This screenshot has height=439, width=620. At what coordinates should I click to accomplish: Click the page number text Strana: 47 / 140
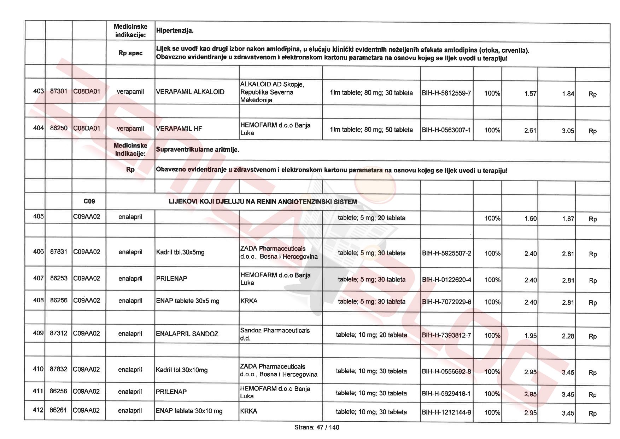316,427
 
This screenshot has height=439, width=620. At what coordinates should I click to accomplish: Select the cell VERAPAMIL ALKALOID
190,92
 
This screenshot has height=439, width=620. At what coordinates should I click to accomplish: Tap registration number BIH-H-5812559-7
446,93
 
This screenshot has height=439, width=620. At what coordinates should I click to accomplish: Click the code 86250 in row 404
59,128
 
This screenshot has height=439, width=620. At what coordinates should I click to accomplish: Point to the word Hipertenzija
175,31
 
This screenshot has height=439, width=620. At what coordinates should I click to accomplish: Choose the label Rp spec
130,53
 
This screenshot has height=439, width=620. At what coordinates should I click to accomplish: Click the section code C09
89,201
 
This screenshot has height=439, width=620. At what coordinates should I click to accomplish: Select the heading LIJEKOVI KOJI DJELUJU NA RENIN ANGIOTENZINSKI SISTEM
263,202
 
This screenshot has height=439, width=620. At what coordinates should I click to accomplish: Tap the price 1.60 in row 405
530,219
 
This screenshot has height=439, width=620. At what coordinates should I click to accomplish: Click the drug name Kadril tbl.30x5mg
180,252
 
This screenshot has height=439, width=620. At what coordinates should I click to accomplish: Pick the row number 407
38,278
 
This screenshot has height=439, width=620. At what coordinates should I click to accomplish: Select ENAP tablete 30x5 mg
188,301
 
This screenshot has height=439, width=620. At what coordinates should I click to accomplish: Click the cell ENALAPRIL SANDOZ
187,334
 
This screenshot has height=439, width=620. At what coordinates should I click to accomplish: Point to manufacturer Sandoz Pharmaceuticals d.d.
275,334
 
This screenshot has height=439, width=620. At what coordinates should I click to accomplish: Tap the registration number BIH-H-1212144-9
446,412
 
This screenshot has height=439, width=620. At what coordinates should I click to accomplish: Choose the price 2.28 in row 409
568,336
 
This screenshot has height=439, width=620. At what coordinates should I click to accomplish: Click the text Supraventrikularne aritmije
198,150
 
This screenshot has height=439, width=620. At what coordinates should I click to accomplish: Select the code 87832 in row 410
58,369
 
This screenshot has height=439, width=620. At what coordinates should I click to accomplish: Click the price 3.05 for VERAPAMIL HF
568,131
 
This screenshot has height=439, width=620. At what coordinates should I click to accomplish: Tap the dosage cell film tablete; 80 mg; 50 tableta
371,130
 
